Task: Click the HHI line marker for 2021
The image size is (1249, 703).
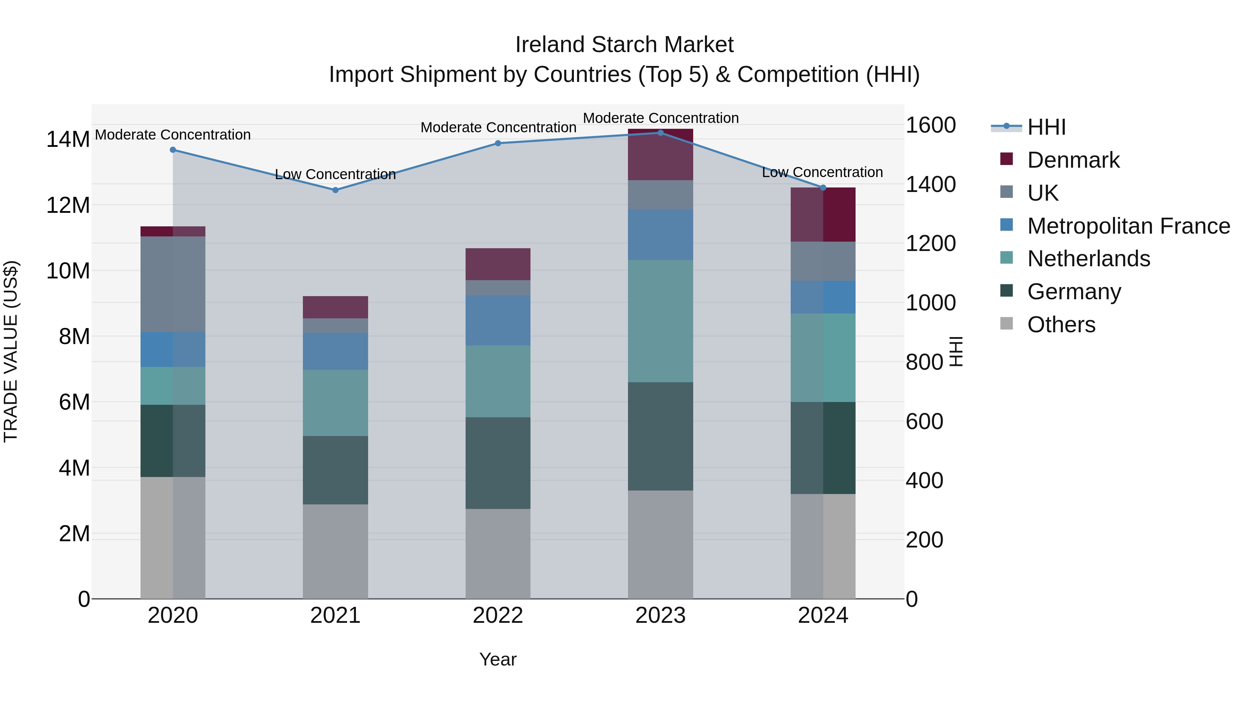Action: click(x=335, y=190)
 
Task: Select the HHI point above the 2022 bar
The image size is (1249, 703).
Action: click(x=498, y=143)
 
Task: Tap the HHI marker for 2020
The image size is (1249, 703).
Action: click(x=173, y=150)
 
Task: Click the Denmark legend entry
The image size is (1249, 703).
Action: click(x=1073, y=160)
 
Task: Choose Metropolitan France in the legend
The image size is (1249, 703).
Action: click(x=1128, y=226)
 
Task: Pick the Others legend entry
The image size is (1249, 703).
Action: click(x=1061, y=325)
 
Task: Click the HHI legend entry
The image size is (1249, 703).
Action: click(x=1046, y=127)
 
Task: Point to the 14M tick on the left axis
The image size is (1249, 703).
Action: click(x=68, y=140)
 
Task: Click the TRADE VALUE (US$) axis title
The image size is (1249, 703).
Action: click(x=11, y=351)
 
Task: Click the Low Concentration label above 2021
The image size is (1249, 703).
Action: click(x=335, y=174)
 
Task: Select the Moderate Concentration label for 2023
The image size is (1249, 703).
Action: click(x=660, y=118)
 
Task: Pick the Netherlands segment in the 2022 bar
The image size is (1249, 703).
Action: click(x=498, y=381)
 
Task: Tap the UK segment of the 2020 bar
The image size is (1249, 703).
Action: click(x=173, y=284)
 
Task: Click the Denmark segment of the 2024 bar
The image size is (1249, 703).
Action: click(x=823, y=215)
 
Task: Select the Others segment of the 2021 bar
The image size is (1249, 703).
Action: click(x=335, y=552)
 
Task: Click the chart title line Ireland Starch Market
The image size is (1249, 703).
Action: click(x=624, y=45)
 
